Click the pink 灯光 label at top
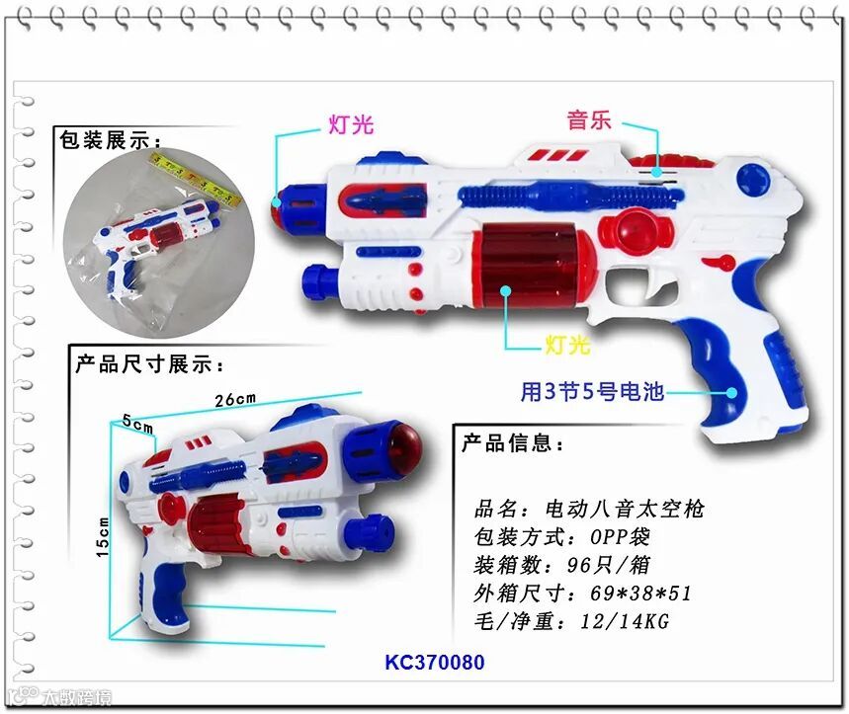[x=351, y=124]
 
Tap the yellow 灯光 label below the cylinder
[x=567, y=345]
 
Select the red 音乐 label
[x=589, y=120]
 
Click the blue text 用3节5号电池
[x=592, y=391]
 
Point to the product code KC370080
[x=434, y=662]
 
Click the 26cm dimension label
[x=235, y=400]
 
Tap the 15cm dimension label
[x=103, y=537]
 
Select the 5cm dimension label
[x=137, y=424]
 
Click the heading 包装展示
[x=110, y=140]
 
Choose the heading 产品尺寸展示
[x=149, y=364]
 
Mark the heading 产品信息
[x=512, y=443]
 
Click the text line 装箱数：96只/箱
[x=561, y=565]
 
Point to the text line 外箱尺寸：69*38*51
[x=582, y=594]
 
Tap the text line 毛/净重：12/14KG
[x=571, y=621]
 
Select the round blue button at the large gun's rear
[x=753, y=178]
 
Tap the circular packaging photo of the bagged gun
[x=159, y=243]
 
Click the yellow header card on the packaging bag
[x=195, y=180]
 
